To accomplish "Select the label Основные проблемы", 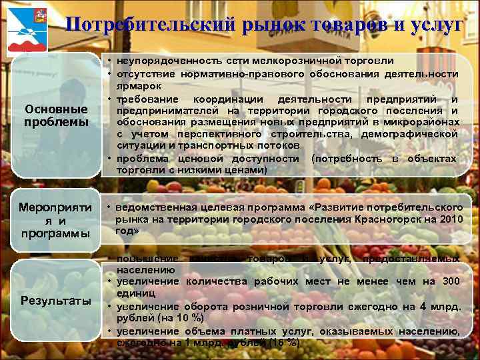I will point(56,115).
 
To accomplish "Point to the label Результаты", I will point(56,301).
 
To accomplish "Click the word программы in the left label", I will point(56,233).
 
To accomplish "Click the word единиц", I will point(137,293).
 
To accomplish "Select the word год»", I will point(126,231).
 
